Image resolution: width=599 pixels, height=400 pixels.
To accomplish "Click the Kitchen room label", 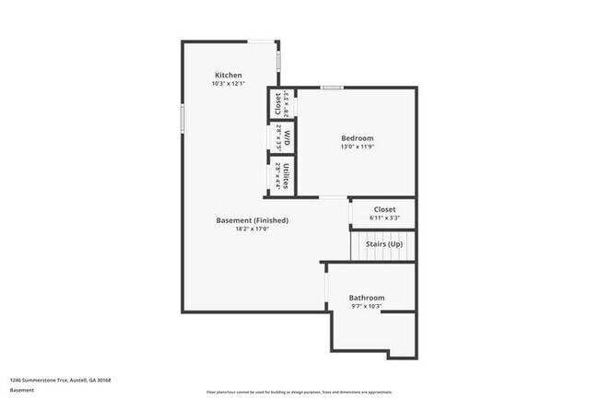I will (229, 75).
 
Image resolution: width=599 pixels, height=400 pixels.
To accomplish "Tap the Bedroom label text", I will (358, 137).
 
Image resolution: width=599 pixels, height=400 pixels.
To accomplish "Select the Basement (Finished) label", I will (252, 220).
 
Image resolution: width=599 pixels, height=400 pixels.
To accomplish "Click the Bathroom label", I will (366, 298).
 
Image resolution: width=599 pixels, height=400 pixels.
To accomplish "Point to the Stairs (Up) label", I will (383, 243).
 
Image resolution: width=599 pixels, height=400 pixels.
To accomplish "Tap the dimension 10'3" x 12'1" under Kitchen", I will (229, 84).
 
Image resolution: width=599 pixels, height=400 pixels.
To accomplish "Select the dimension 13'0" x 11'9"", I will (358, 147).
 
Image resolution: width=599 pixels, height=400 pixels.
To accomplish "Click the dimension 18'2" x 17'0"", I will (252, 229).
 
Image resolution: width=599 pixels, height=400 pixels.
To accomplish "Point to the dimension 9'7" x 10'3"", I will (366, 307).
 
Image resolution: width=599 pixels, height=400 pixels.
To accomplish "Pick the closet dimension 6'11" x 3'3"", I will (384, 218).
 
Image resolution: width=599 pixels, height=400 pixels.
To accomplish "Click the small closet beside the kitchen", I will (276, 103).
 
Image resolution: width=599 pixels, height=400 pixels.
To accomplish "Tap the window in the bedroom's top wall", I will (332, 88).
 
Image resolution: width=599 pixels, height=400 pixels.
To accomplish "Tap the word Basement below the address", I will (22, 390).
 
